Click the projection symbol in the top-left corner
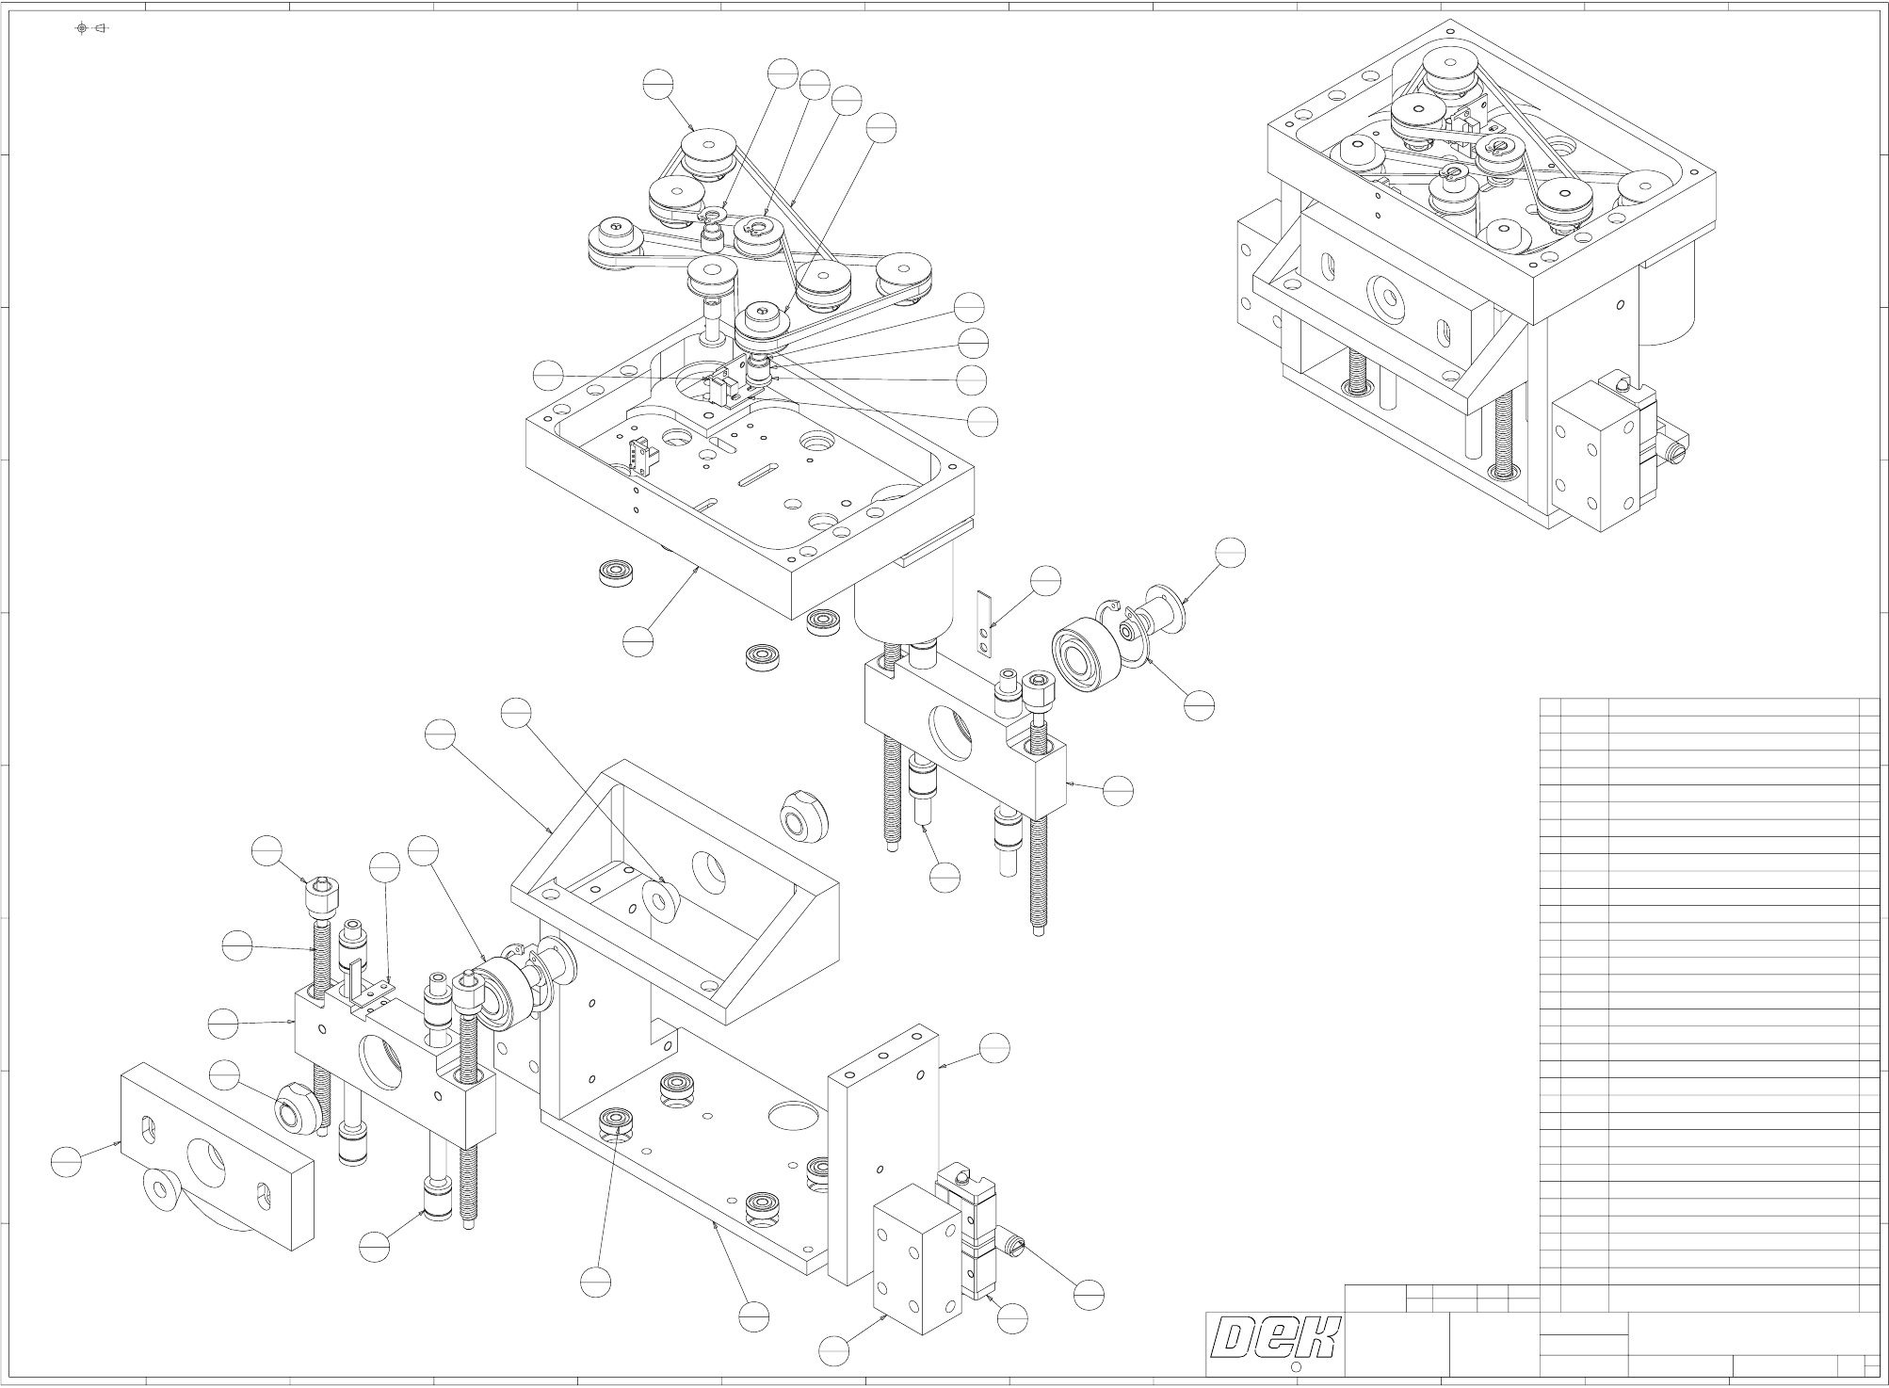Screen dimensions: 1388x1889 tap(91, 28)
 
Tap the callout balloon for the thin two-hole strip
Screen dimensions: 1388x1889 tap(1045, 582)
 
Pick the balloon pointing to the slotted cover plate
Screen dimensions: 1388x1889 tap(66, 1162)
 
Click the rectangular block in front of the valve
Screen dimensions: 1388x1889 tap(916, 1260)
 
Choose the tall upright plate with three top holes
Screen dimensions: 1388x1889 tap(883, 1154)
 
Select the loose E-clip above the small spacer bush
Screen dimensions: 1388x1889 tap(712, 218)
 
